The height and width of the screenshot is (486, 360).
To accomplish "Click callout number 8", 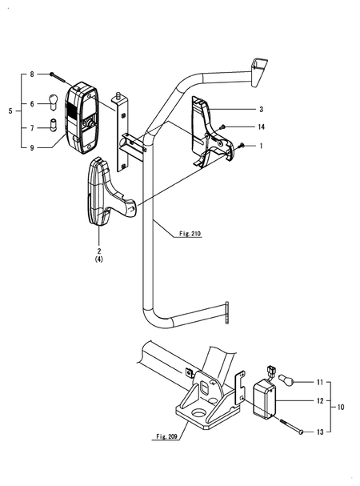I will coord(32,74).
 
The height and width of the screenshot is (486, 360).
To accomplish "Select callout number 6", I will coord(32,103).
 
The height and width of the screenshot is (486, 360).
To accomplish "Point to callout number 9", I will coord(32,147).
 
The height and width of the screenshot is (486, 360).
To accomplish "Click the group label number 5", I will coord(10,110).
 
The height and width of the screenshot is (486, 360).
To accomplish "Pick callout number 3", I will coord(261,108).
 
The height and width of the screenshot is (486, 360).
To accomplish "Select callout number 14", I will coord(262,127).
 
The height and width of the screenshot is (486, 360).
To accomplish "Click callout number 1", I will coord(261,147).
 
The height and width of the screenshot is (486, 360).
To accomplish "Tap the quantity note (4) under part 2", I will coord(98,260).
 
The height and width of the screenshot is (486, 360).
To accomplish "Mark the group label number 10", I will coord(342,408).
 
